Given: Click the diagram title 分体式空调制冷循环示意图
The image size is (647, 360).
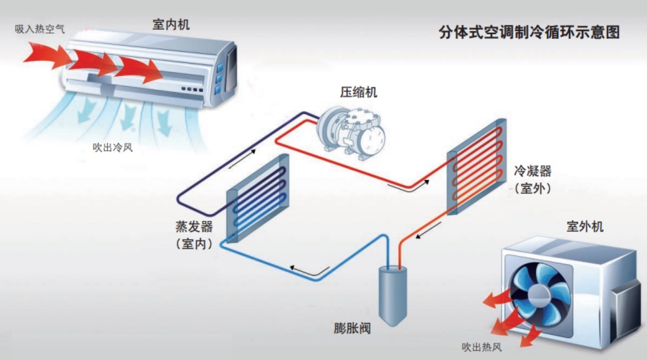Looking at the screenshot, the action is click(529, 32).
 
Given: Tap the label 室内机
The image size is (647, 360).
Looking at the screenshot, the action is click(171, 25).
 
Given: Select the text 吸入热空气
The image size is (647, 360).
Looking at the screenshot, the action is click(40, 29).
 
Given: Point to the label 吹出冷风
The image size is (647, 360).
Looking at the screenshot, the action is click(113, 148).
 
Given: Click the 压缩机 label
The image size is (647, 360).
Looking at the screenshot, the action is click(358, 92).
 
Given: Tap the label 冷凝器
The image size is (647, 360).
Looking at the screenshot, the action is click(533, 171).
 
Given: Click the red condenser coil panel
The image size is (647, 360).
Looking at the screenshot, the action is click(477, 166).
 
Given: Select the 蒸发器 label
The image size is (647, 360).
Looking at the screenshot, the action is click(194, 227).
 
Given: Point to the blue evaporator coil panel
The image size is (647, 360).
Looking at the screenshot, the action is click(258, 198).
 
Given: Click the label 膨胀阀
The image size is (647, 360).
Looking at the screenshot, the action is click(352, 328).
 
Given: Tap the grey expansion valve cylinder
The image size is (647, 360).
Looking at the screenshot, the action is click(393, 295).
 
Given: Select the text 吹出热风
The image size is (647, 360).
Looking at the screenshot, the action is click(482, 347).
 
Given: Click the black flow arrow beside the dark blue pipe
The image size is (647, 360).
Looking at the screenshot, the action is click(242, 159).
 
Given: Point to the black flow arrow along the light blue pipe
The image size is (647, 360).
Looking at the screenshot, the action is click(308, 271).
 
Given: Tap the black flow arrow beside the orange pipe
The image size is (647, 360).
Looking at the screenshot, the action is click(429, 230).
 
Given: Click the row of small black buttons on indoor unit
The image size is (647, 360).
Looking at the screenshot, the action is click(192, 89).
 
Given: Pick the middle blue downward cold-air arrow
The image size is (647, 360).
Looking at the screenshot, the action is click(129, 116).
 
